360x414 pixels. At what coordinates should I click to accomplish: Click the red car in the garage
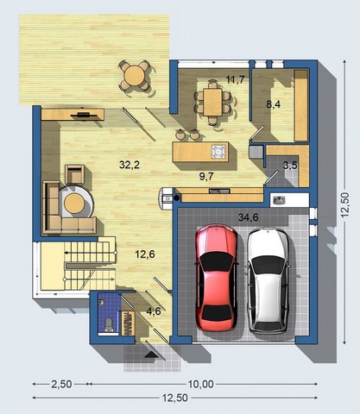(x=217, y=278)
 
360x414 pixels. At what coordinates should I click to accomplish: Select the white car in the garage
(x=268, y=280)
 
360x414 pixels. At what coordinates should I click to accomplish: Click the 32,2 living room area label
(x=129, y=165)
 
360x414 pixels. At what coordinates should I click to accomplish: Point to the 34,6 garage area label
(x=248, y=217)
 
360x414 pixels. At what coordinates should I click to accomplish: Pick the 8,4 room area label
(x=273, y=104)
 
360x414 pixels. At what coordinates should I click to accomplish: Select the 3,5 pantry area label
(x=290, y=165)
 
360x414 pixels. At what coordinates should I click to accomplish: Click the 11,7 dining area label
(x=236, y=79)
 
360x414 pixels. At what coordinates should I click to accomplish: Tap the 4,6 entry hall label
(x=154, y=311)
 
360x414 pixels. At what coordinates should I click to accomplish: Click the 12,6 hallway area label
(x=145, y=254)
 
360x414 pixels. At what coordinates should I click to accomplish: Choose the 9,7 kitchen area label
(x=206, y=176)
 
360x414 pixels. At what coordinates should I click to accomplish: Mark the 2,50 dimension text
(x=61, y=384)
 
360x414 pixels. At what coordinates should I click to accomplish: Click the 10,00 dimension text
(x=200, y=384)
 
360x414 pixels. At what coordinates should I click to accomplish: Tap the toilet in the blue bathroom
(x=109, y=323)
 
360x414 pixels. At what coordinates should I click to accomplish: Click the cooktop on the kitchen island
(x=218, y=151)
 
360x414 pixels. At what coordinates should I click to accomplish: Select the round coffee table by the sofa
(x=74, y=203)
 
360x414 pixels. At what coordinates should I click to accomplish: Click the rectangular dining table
(x=213, y=102)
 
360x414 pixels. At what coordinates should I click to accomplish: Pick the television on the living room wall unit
(x=83, y=115)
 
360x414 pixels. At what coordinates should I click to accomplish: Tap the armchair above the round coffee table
(x=75, y=174)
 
